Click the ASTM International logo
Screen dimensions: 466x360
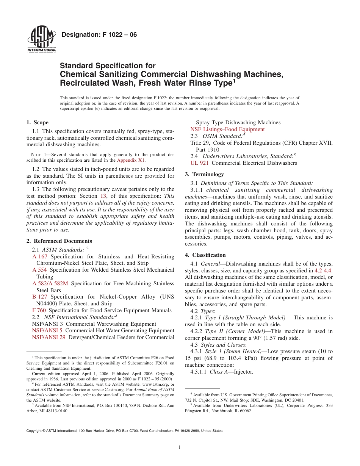pyautogui.click(x=41, y=39)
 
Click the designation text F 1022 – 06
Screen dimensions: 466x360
pyautogui.click(x=99, y=35)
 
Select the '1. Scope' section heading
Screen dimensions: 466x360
pyautogui.click(x=37, y=122)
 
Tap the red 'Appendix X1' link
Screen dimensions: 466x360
pyautogui.click(x=131, y=160)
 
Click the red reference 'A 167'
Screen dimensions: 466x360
pyautogui.click(x=40, y=256)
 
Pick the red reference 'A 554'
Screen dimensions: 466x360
pyautogui.click(x=40, y=270)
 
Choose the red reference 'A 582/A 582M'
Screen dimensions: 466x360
pyautogui.click(x=50, y=283)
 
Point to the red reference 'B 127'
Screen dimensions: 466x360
pyautogui.click(x=40, y=297)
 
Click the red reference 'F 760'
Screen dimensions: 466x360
pyautogui.click(x=39, y=310)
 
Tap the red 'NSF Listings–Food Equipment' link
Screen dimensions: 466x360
pyautogui.click(x=227, y=129)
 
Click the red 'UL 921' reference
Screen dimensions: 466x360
pyautogui.click(x=199, y=163)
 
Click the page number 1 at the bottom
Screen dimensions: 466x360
pyautogui.click(x=180, y=447)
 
